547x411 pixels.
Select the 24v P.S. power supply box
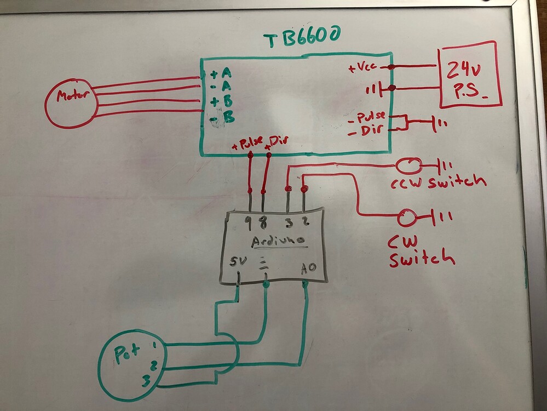click(468, 75)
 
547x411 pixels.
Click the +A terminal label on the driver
click(221, 73)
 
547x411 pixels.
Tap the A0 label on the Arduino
click(308, 268)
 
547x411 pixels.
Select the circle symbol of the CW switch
click(406, 218)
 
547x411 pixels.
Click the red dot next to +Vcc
click(391, 67)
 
